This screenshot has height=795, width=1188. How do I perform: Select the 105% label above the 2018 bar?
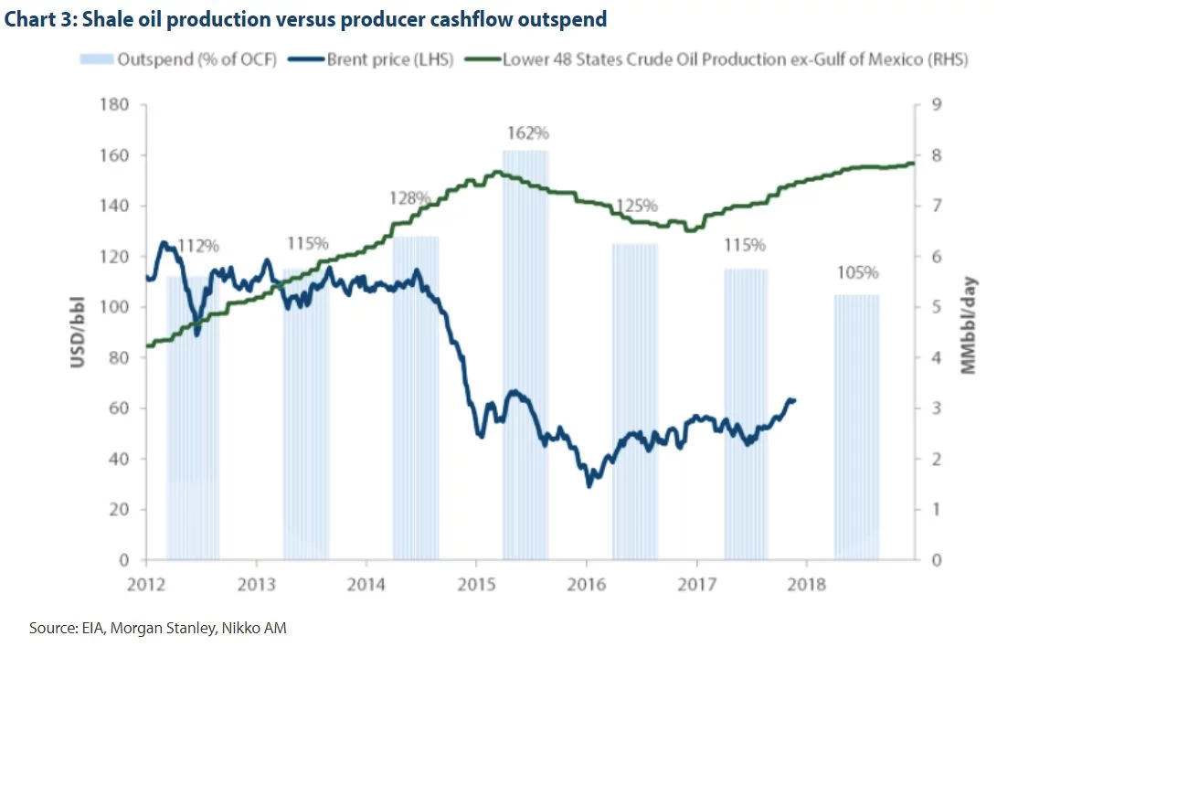coord(857,272)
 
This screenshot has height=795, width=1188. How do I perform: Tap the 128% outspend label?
coord(409,198)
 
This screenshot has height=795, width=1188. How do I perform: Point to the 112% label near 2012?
coord(197,246)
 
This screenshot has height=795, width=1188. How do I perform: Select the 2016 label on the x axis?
coord(586,583)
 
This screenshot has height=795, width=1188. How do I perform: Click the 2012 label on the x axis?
coord(145,583)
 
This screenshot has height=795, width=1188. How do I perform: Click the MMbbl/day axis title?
coord(970,326)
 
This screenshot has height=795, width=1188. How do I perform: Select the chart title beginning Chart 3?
coord(304,19)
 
